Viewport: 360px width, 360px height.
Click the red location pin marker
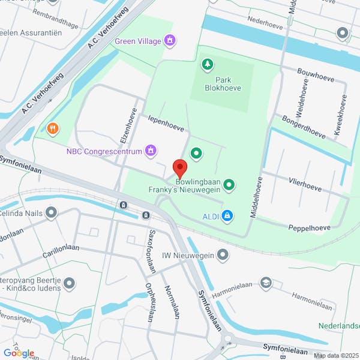click(x=179, y=167)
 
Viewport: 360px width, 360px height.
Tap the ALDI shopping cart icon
click(x=227, y=215)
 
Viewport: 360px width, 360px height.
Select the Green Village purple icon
click(x=170, y=40)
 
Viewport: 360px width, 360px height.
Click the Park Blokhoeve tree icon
click(x=208, y=63)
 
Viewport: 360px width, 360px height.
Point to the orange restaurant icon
click(x=53, y=128)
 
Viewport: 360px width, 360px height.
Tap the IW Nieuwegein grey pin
click(x=223, y=256)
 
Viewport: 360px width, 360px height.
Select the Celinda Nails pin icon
click(x=52, y=212)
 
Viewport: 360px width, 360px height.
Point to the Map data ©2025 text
click(x=335, y=355)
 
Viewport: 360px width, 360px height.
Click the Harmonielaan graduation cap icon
click(x=265, y=282)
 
